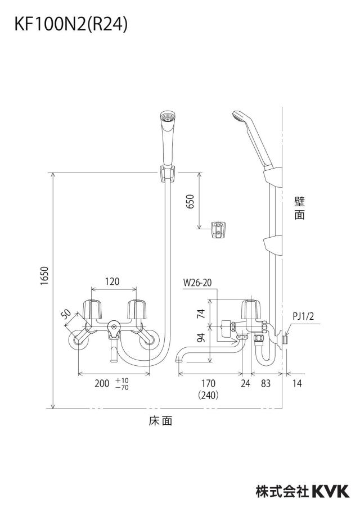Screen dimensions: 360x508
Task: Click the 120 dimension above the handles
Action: tap(112, 281)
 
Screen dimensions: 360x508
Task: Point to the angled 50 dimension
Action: tap(66, 314)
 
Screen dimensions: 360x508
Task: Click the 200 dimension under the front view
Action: tap(102, 383)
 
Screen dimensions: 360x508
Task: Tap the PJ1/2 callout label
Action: tap(303, 316)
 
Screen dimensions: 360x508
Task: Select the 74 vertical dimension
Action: tap(201, 314)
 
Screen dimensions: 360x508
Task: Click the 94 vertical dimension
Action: tap(201, 338)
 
